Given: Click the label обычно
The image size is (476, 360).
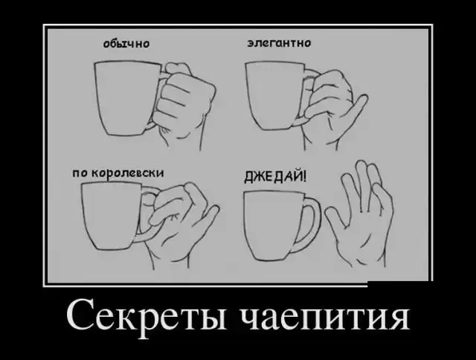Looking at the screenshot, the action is [x=126, y=44].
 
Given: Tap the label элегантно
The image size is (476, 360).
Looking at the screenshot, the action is [x=279, y=43].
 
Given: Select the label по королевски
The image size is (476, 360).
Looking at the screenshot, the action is [x=118, y=174].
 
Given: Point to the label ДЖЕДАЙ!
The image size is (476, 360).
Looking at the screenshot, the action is [x=276, y=176].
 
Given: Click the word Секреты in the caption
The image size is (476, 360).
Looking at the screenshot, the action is [x=147, y=318].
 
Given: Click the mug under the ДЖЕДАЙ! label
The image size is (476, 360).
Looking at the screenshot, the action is [x=273, y=226].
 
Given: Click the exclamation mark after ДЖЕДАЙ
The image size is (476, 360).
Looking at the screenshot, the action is [x=305, y=176].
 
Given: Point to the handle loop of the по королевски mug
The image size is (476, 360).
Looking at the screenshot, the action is [x=149, y=213].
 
